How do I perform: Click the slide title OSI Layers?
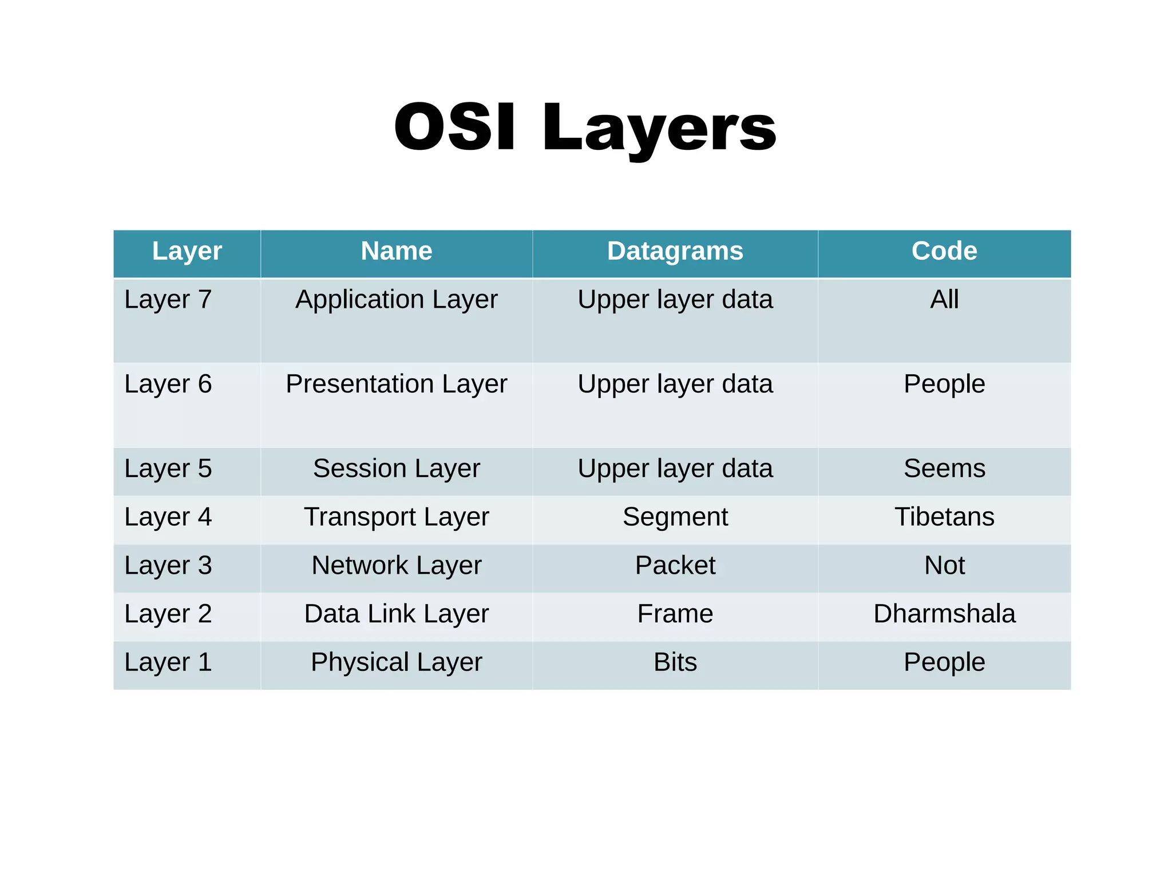click(x=585, y=127)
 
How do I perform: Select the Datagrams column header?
click(x=675, y=251)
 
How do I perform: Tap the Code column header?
click(x=944, y=251)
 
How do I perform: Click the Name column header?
click(x=396, y=251)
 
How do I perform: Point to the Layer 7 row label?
click(x=168, y=300)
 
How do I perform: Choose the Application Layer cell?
click(x=396, y=300)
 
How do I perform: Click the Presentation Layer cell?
click(x=396, y=384)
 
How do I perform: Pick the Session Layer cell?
click(x=396, y=468)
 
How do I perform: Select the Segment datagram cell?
click(x=675, y=517)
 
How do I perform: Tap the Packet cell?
click(x=675, y=565)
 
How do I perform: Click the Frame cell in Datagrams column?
click(x=675, y=614)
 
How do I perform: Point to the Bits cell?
click(x=675, y=662)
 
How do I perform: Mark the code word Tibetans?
click(x=944, y=517)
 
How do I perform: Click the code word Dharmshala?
click(x=944, y=614)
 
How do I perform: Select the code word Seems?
click(x=944, y=468)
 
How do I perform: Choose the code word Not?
click(x=944, y=565)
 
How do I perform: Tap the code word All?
click(x=944, y=300)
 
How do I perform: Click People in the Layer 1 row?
click(x=944, y=662)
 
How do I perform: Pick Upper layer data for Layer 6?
click(x=675, y=384)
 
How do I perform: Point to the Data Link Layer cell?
click(x=396, y=614)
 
